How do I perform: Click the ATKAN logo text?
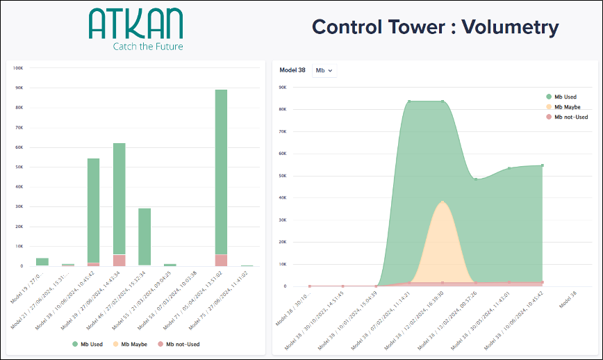point(135,24)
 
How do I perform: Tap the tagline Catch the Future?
point(148,47)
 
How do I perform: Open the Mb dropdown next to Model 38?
point(324,70)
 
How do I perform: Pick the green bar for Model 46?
point(144,236)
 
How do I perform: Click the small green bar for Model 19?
point(42,261)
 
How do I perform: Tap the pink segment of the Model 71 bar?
point(221,260)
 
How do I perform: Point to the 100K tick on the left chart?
point(19,68)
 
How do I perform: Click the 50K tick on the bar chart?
point(19,167)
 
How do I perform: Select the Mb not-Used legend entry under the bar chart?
point(179,344)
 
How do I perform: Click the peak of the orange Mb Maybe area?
point(443,202)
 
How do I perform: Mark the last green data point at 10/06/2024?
point(542,165)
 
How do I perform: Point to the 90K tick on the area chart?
point(283,87)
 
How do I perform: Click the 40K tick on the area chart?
point(283,197)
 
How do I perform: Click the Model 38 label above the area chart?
point(292,70)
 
